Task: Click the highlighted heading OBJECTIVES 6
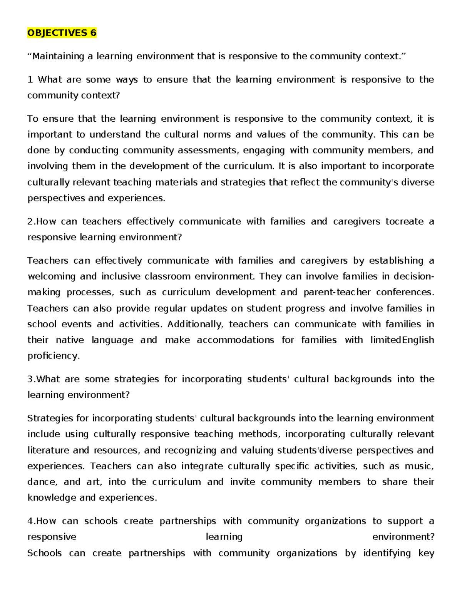coord(62,33)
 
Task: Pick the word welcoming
coord(51,276)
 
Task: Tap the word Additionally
coord(195,324)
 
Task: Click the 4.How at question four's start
coord(42,521)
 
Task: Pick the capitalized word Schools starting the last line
coord(45,553)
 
